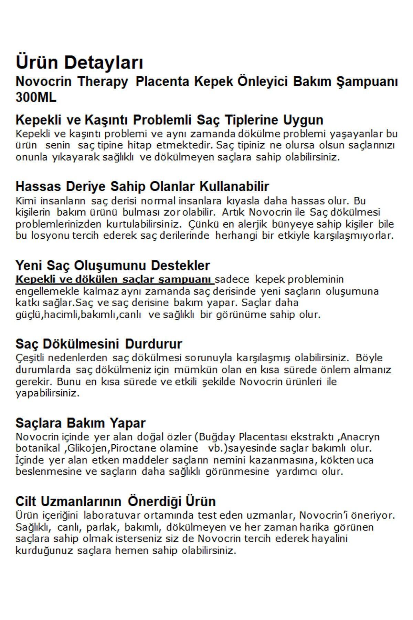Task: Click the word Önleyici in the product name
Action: (262, 82)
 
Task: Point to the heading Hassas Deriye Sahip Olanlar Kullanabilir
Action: (142, 186)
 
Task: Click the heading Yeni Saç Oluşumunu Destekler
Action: (113, 266)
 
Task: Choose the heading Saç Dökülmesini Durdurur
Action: (99, 344)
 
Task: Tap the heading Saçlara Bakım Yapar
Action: (81, 423)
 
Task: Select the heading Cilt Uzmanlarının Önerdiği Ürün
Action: (116, 501)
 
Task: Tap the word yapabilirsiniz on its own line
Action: (47, 394)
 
